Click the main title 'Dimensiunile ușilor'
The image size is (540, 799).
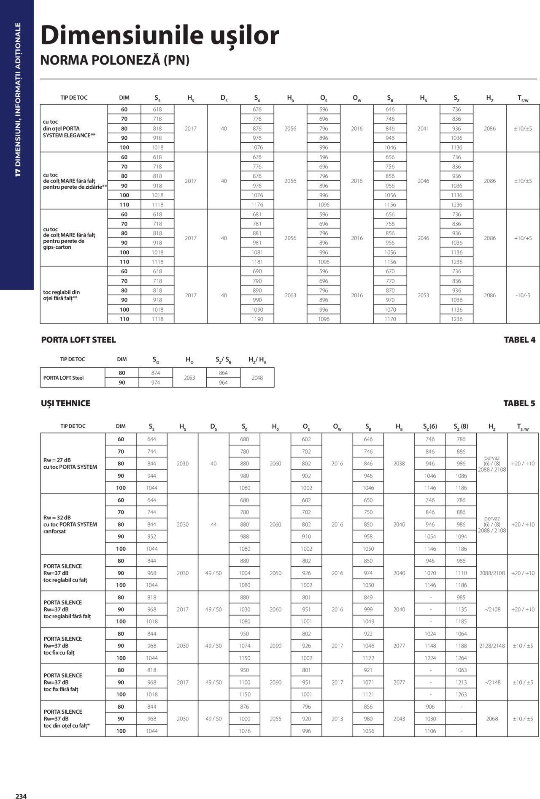(x=159, y=35)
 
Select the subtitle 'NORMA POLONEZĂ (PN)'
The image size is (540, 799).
(x=115, y=60)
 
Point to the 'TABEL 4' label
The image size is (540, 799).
(x=519, y=340)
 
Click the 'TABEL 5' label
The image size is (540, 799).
(x=519, y=403)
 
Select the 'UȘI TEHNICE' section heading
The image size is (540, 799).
(x=65, y=403)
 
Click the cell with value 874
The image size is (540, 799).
(x=156, y=373)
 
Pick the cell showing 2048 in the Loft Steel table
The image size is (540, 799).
(x=257, y=378)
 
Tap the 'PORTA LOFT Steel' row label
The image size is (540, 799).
(x=63, y=378)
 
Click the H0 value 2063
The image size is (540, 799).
(x=290, y=295)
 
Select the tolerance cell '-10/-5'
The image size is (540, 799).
(x=523, y=295)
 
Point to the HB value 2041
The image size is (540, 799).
(x=423, y=128)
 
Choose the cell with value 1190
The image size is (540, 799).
(x=257, y=319)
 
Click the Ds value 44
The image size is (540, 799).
(x=213, y=525)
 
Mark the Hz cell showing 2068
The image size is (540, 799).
(x=492, y=719)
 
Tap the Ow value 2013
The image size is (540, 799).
(x=337, y=719)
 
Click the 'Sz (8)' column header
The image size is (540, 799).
(x=461, y=427)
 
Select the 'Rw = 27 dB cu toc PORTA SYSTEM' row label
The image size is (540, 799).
(x=70, y=464)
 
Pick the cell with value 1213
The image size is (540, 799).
(x=461, y=682)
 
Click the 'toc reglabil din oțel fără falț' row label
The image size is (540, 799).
(x=62, y=295)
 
